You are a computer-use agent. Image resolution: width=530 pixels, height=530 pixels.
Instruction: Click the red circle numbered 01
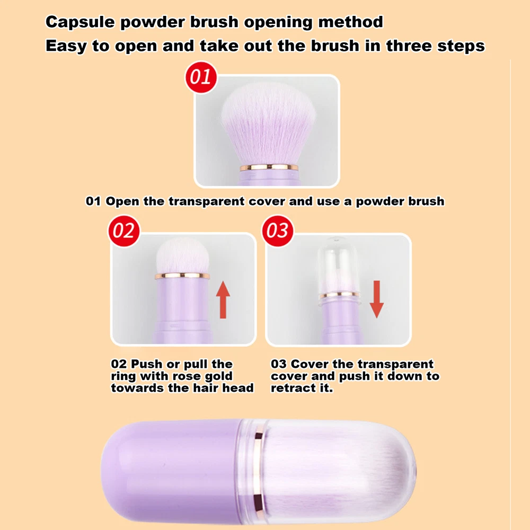tap(201, 77)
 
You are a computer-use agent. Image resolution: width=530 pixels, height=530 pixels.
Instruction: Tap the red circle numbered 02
tap(124, 231)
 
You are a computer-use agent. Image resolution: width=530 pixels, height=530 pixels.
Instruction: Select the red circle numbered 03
tap(278, 231)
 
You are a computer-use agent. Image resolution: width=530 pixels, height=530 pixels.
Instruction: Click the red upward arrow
tap(223, 300)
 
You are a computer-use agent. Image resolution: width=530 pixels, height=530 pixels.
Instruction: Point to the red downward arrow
tap(376, 299)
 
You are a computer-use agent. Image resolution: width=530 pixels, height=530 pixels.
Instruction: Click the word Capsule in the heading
tap(80, 22)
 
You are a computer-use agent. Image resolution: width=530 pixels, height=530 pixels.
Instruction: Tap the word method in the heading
tap(350, 22)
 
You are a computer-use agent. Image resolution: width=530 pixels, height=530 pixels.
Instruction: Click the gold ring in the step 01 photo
tap(269, 167)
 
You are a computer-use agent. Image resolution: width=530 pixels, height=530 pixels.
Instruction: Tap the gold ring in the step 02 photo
tap(182, 276)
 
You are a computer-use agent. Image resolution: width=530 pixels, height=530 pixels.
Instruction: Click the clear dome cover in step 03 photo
tap(337, 266)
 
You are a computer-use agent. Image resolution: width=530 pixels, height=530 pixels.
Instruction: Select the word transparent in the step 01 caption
tap(206, 201)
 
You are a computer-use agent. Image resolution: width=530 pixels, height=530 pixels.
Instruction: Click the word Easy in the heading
tap(66, 46)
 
